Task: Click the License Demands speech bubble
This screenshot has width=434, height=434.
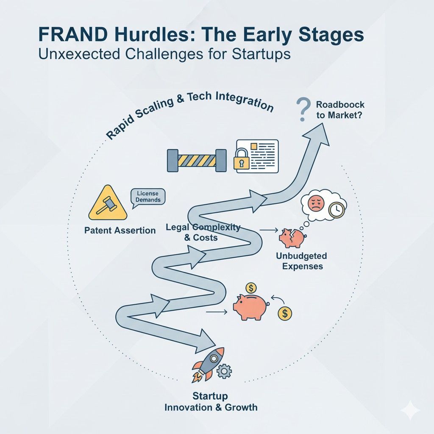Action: (x=147, y=197)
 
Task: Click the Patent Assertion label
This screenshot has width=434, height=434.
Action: (x=120, y=231)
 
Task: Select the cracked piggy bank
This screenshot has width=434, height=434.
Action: (x=292, y=237)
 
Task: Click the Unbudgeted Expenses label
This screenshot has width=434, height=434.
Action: (x=301, y=261)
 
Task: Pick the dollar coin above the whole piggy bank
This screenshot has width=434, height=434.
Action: (x=250, y=288)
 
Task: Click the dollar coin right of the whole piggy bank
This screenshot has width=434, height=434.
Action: (x=285, y=313)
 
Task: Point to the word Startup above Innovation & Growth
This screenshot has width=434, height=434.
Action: (x=210, y=396)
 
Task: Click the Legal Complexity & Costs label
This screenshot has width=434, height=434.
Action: (x=203, y=232)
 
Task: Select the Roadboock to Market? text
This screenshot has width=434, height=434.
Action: (x=340, y=109)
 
